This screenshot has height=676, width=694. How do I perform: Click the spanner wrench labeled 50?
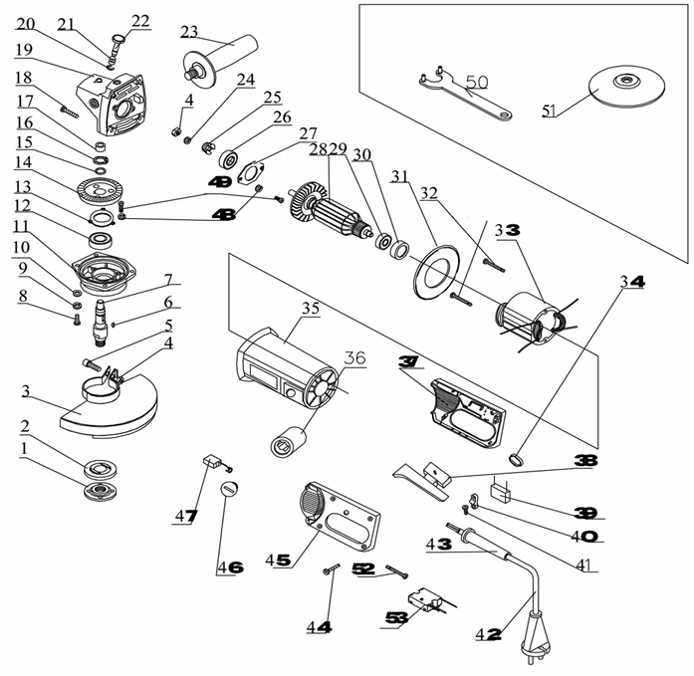pos(465,95)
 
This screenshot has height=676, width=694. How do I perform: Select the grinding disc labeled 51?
pos(627,87)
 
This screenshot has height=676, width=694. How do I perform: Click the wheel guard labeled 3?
pos(109,405)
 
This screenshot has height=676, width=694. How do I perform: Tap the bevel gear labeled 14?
pos(102,190)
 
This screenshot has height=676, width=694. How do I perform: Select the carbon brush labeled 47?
pos(215,462)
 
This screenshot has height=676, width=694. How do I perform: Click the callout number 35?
pos(310,308)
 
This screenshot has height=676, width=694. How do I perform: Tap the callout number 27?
pos(308,133)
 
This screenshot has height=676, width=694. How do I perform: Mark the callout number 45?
pos(278,561)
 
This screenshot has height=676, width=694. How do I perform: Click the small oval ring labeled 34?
pos(516,459)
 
